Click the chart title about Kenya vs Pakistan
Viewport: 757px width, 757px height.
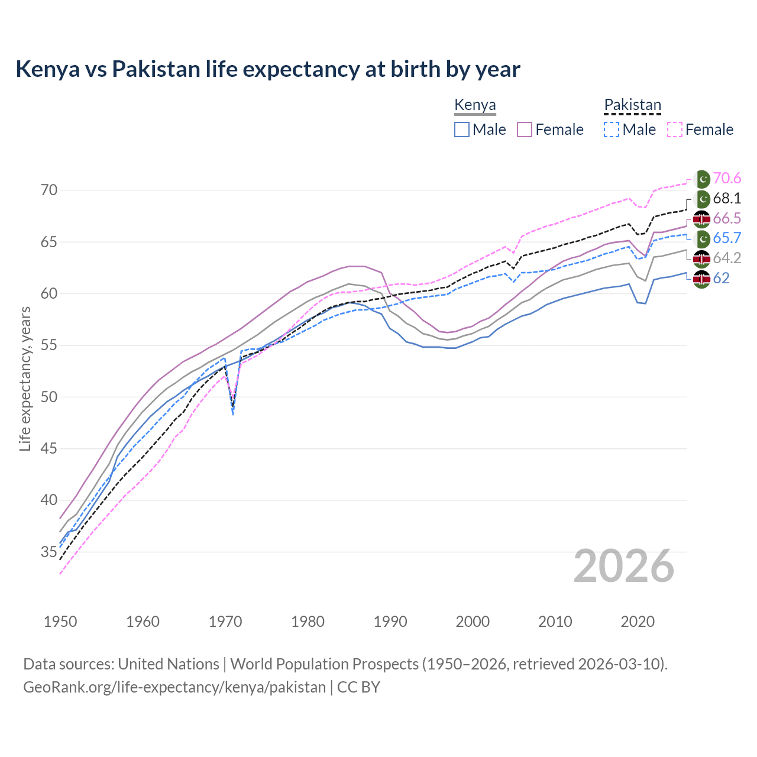[268, 69]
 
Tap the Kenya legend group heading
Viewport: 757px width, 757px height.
[475, 105]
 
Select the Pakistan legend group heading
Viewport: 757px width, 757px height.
[632, 105]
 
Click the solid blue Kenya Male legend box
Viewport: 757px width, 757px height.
[462, 130]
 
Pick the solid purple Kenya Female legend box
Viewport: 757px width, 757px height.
[525, 130]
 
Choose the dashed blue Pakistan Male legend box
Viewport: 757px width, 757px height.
[612, 130]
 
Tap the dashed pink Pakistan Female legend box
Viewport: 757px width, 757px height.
[675, 130]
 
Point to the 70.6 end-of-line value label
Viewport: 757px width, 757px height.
[727, 179]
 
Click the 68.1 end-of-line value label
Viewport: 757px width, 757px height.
[727, 199]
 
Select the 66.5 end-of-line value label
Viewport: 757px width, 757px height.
[727, 219]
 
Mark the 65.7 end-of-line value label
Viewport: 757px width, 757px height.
[727, 238]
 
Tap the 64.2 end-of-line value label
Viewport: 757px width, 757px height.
[727, 258]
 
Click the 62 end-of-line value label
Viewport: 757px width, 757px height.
[722, 279]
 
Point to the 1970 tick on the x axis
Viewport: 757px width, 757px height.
[225, 622]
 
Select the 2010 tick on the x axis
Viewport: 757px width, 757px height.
[555, 622]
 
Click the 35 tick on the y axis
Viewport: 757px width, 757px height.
[49, 552]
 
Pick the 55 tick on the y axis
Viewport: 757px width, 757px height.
[49, 345]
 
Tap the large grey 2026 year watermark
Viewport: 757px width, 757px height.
[624, 566]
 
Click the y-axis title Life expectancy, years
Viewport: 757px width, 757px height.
[25, 378]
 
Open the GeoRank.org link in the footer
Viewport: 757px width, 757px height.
[174, 687]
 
